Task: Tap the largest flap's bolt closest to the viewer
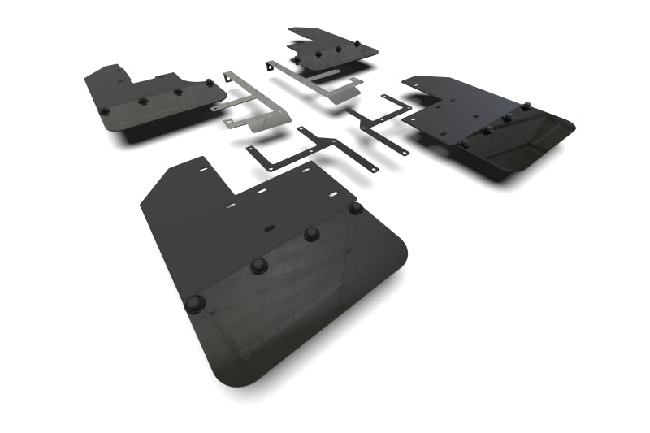click(x=196, y=304)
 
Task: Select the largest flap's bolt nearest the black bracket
click(x=355, y=208)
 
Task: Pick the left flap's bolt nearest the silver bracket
click(x=210, y=83)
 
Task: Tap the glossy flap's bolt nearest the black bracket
click(x=463, y=143)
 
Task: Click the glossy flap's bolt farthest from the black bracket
click(x=526, y=106)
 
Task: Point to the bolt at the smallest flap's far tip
click(x=357, y=39)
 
